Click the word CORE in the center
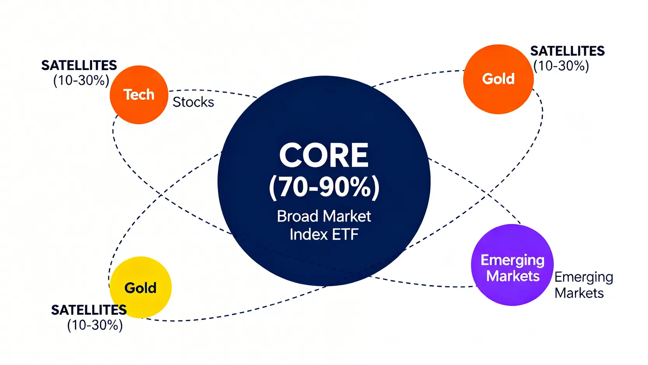pyautogui.click(x=324, y=155)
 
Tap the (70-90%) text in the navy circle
pyautogui.click(x=324, y=187)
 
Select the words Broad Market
pyautogui.click(x=324, y=216)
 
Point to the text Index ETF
pyautogui.click(x=324, y=235)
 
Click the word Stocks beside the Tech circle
pyautogui.click(x=193, y=102)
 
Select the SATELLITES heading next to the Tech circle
pyautogui.click(x=79, y=65)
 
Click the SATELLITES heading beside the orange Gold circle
pyautogui.click(x=567, y=51)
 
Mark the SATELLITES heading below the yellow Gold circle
pyautogui.click(x=89, y=310)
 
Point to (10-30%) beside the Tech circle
pyautogui.click(x=81, y=80)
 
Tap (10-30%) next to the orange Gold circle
pyautogui.click(x=561, y=66)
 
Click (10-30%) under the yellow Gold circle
pyautogui.click(x=95, y=325)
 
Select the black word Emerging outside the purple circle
pyautogui.click(x=583, y=277)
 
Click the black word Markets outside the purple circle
pyautogui.click(x=579, y=293)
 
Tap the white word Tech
pyautogui.click(x=139, y=94)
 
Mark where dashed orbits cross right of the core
pyautogui.click(x=489, y=192)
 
